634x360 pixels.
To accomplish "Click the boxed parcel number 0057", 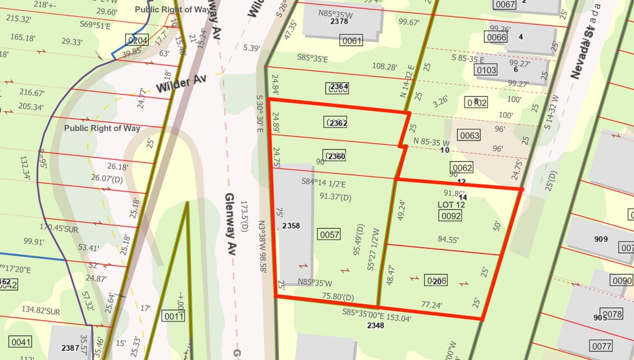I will tap(329, 234).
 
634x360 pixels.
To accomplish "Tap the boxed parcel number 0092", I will tap(450, 216).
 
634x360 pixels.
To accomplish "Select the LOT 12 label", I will tap(450, 204).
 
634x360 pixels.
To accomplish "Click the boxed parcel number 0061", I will tap(352, 42).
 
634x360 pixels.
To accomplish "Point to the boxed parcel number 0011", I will tap(174, 316).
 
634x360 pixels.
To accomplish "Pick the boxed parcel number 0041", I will tap(20, 341).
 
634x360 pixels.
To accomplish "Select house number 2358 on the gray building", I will tap(292, 226).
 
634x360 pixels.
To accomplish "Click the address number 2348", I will tap(376, 326).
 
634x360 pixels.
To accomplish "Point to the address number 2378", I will tap(339, 21).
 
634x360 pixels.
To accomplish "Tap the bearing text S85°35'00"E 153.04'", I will tap(376, 316).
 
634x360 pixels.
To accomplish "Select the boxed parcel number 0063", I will tap(469, 135).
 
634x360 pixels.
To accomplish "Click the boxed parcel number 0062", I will tap(463, 169).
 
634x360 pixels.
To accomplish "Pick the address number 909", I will tap(600, 240).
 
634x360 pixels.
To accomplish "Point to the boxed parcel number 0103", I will tap(488, 70).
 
